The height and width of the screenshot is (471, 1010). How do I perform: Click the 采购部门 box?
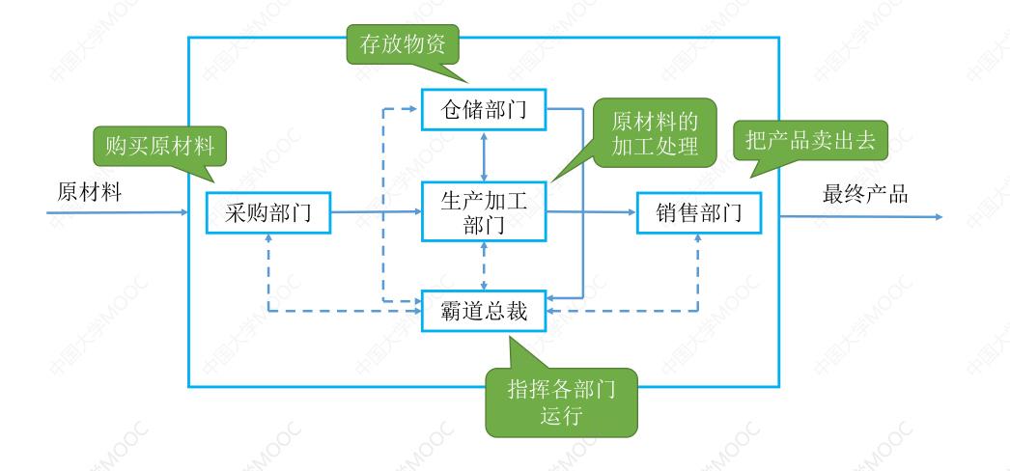click(268, 212)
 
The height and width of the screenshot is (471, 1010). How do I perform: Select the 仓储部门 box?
click(484, 110)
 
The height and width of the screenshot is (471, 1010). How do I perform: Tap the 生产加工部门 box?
click(484, 212)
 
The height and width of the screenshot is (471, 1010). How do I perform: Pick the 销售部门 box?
click(699, 212)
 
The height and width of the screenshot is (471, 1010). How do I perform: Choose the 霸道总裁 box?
click(484, 311)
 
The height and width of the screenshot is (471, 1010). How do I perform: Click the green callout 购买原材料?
click(159, 147)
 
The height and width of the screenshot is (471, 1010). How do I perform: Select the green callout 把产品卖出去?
click(809, 141)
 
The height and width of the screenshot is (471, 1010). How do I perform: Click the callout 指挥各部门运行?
click(561, 402)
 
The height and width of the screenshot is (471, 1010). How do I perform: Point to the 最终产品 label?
click(865, 193)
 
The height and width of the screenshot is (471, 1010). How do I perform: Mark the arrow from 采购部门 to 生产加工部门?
click(377, 211)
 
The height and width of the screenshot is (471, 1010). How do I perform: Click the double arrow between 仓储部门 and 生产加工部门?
click(484, 155)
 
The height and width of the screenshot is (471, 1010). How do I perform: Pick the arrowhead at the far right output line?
click(938, 217)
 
